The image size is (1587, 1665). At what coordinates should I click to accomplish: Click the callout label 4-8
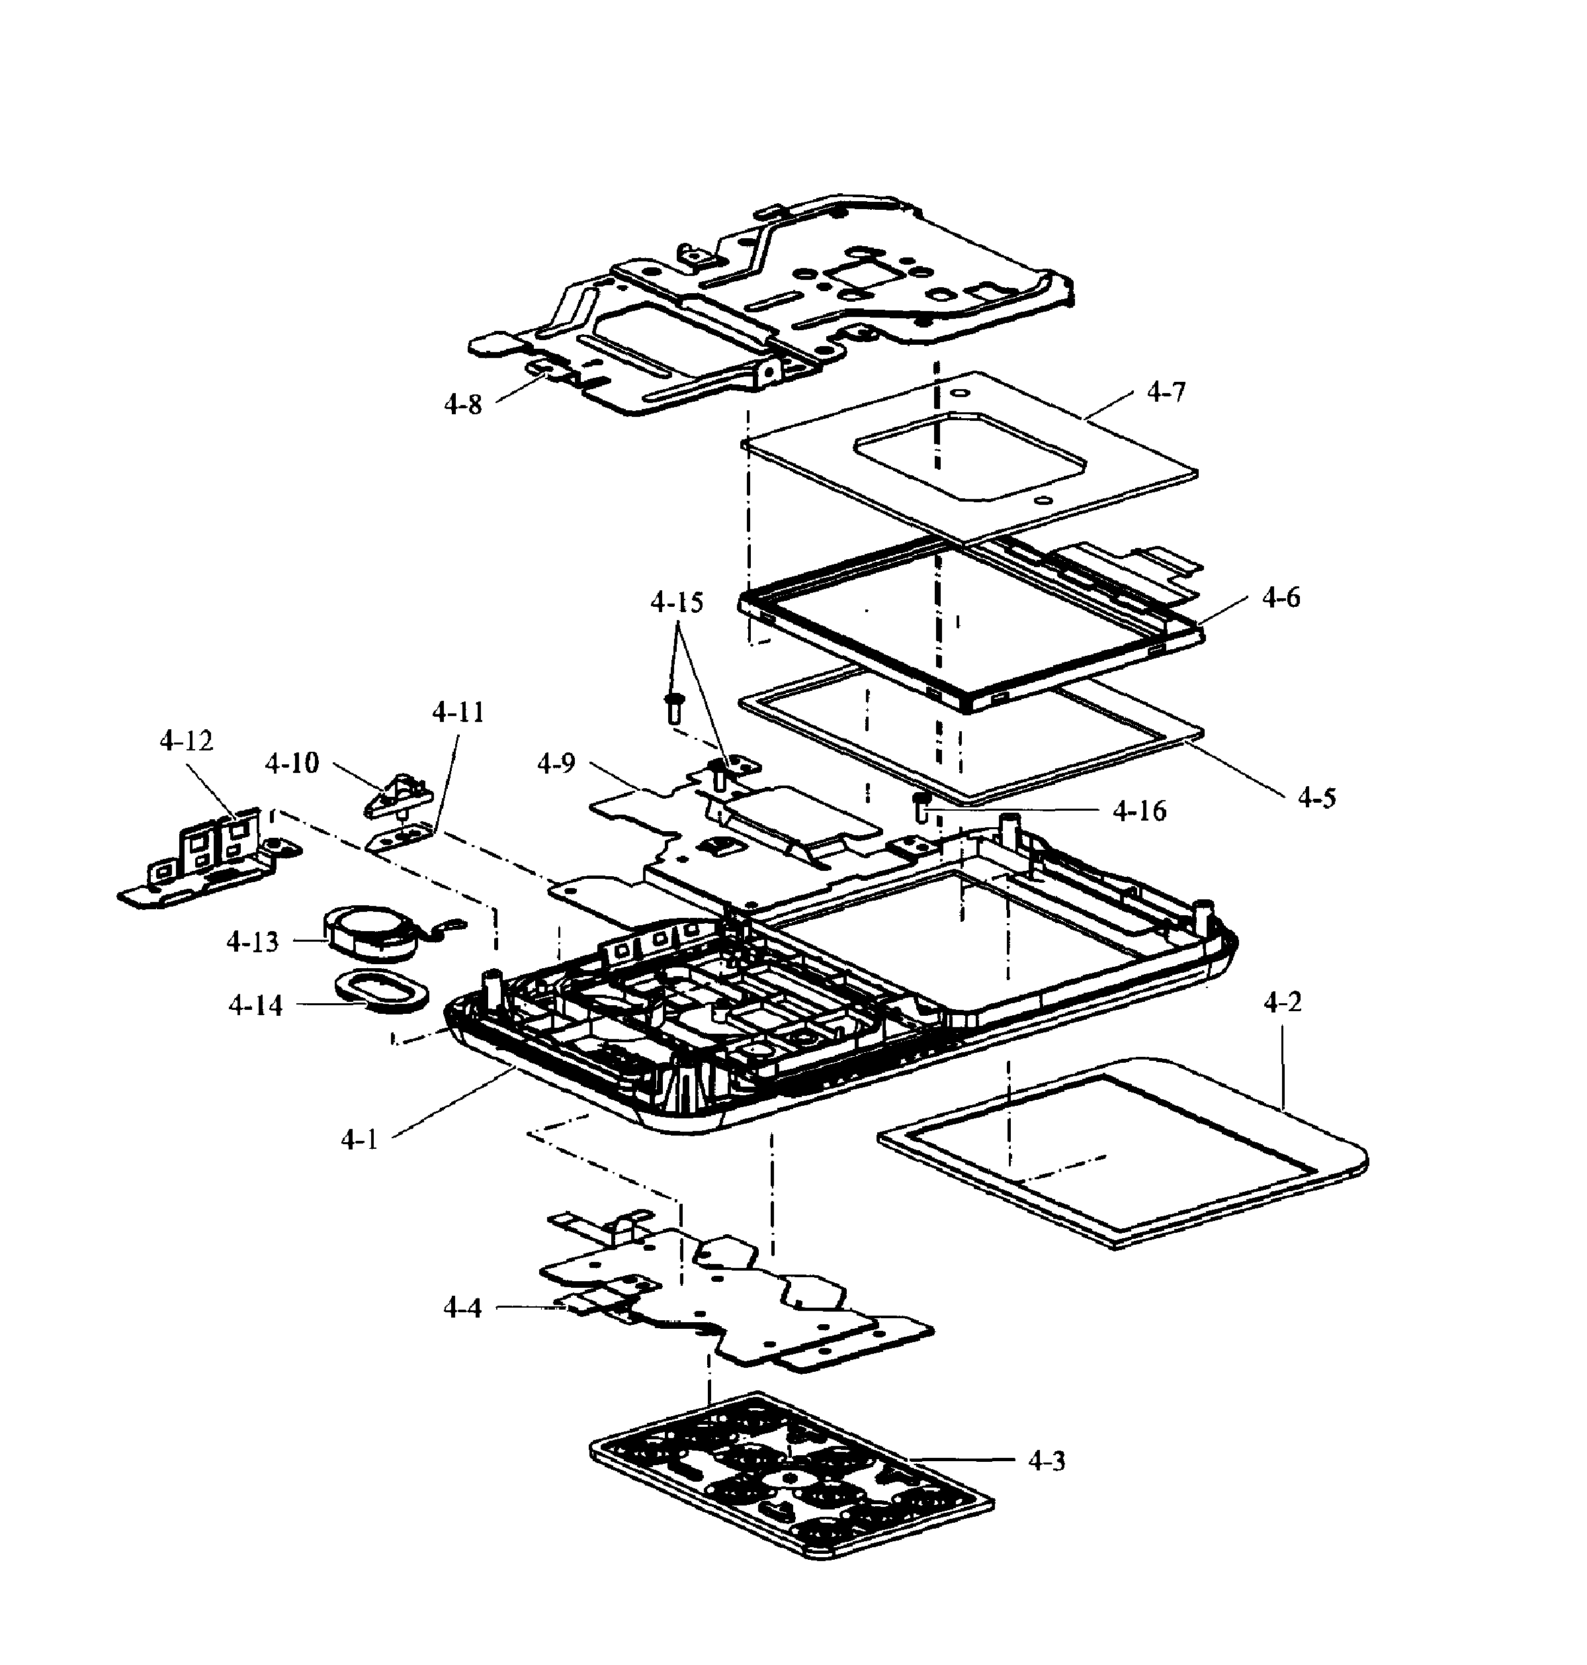(x=462, y=405)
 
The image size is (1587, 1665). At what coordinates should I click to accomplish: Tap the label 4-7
(x=1166, y=392)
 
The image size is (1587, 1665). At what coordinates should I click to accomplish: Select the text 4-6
(x=1281, y=598)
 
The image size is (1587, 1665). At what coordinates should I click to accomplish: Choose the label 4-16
(x=1138, y=811)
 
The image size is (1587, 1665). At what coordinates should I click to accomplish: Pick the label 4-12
(x=186, y=741)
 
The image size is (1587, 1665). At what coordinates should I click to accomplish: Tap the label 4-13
(x=252, y=942)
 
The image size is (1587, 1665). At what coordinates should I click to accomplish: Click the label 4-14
(x=255, y=1005)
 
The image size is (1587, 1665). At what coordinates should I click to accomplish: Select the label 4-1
(x=359, y=1140)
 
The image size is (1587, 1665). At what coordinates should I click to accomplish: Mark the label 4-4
(x=462, y=1308)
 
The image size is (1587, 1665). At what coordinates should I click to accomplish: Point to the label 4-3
(x=1047, y=1461)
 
